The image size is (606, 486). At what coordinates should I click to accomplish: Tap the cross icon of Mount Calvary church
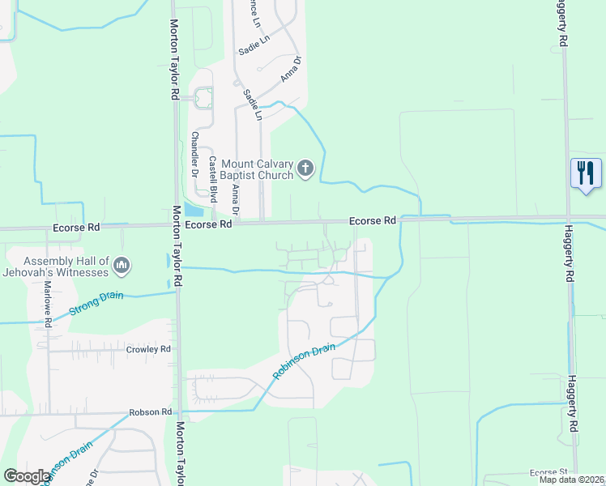tap(305, 169)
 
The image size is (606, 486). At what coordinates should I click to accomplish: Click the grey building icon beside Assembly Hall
tap(122, 265)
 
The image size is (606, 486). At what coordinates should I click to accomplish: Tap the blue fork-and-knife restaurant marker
tap(586, 173)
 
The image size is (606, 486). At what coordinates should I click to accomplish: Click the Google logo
tap(27, 476)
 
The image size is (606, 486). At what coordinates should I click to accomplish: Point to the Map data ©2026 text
tap(572, 480)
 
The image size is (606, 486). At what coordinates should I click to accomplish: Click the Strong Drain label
tap(96, 304)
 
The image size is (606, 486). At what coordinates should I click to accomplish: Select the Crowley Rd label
tap(148, 349)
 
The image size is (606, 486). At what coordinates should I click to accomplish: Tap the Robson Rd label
tap(150, 412)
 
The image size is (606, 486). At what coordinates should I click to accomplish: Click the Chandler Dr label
tap(194, 155)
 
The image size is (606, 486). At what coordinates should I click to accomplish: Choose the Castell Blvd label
tap(213, 179)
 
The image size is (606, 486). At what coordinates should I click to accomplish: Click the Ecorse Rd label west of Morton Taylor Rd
tap(76, 228)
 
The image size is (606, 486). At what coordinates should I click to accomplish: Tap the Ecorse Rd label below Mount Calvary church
tap(372, 220)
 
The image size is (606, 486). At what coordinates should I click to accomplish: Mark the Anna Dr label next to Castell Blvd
tap(236, 199)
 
